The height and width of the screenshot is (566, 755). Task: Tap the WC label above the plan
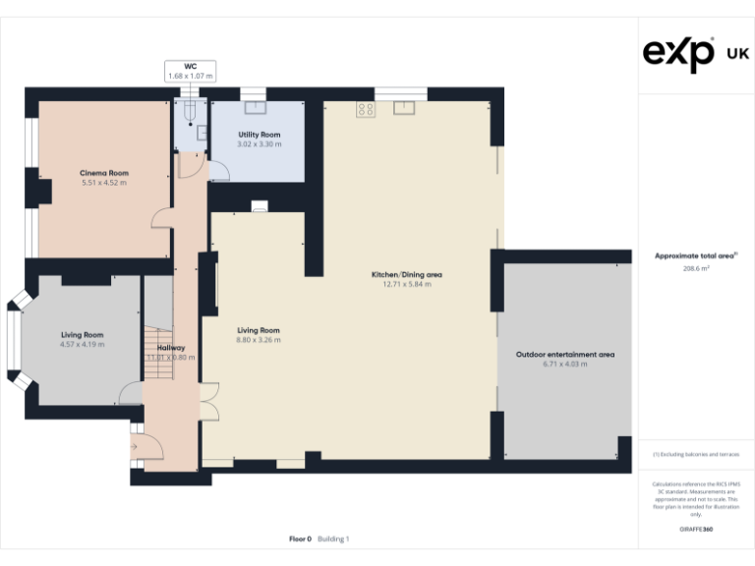point(190,67)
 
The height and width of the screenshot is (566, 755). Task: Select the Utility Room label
point(260,135)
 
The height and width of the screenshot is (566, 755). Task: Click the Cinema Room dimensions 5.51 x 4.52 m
point(104,183)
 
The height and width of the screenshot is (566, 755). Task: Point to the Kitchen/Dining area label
point(406,274)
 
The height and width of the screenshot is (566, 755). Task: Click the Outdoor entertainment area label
point(564,354)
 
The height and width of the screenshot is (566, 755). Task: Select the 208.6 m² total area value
point(696,267)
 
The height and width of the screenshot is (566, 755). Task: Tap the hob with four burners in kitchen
point(367,109)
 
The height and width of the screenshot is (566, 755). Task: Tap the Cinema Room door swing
point(162,218)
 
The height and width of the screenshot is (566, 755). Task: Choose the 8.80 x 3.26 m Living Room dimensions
point(258,341)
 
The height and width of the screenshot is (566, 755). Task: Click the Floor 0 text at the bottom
point(300,538)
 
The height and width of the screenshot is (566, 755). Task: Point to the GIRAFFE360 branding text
point(695,530)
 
